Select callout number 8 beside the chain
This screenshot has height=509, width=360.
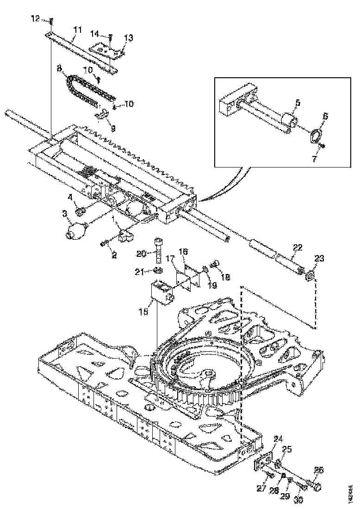coord(59,68)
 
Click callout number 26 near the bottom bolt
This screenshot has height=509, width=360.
coord(319,470)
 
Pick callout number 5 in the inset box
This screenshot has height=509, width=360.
coord(298,104)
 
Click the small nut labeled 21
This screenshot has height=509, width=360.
coord(158,271)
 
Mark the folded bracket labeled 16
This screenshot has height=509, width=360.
coord(187,277)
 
